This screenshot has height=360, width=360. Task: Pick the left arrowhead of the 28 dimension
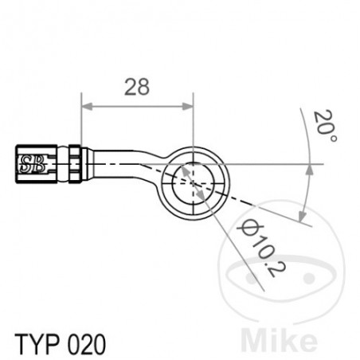click(x=87, y=107)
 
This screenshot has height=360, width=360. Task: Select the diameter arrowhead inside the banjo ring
click(x=185, y=169)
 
